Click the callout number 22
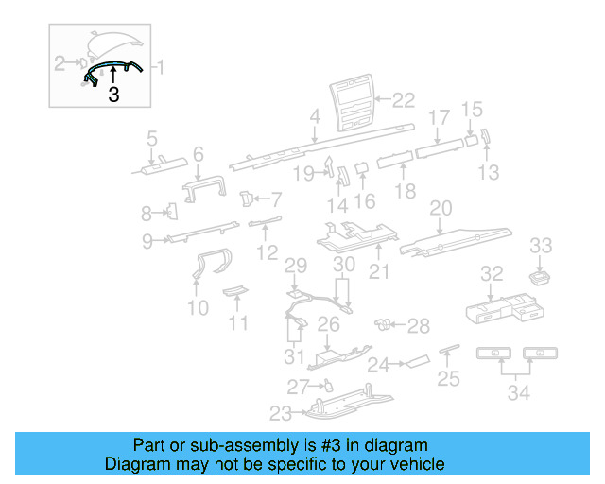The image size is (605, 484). point(404,98)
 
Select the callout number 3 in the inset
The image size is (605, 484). point(113,95)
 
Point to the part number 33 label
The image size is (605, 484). point(540,246)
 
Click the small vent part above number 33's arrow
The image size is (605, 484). point(541,276)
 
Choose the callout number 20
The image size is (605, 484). point(441,207)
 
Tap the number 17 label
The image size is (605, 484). point(440,117)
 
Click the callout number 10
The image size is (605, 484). point(198,307)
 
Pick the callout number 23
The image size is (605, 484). point(281,412)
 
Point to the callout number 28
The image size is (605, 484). point(418,326)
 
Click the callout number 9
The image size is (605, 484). point(147,241)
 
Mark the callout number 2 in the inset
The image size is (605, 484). point(60,64)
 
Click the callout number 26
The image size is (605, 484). point(328,325)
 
